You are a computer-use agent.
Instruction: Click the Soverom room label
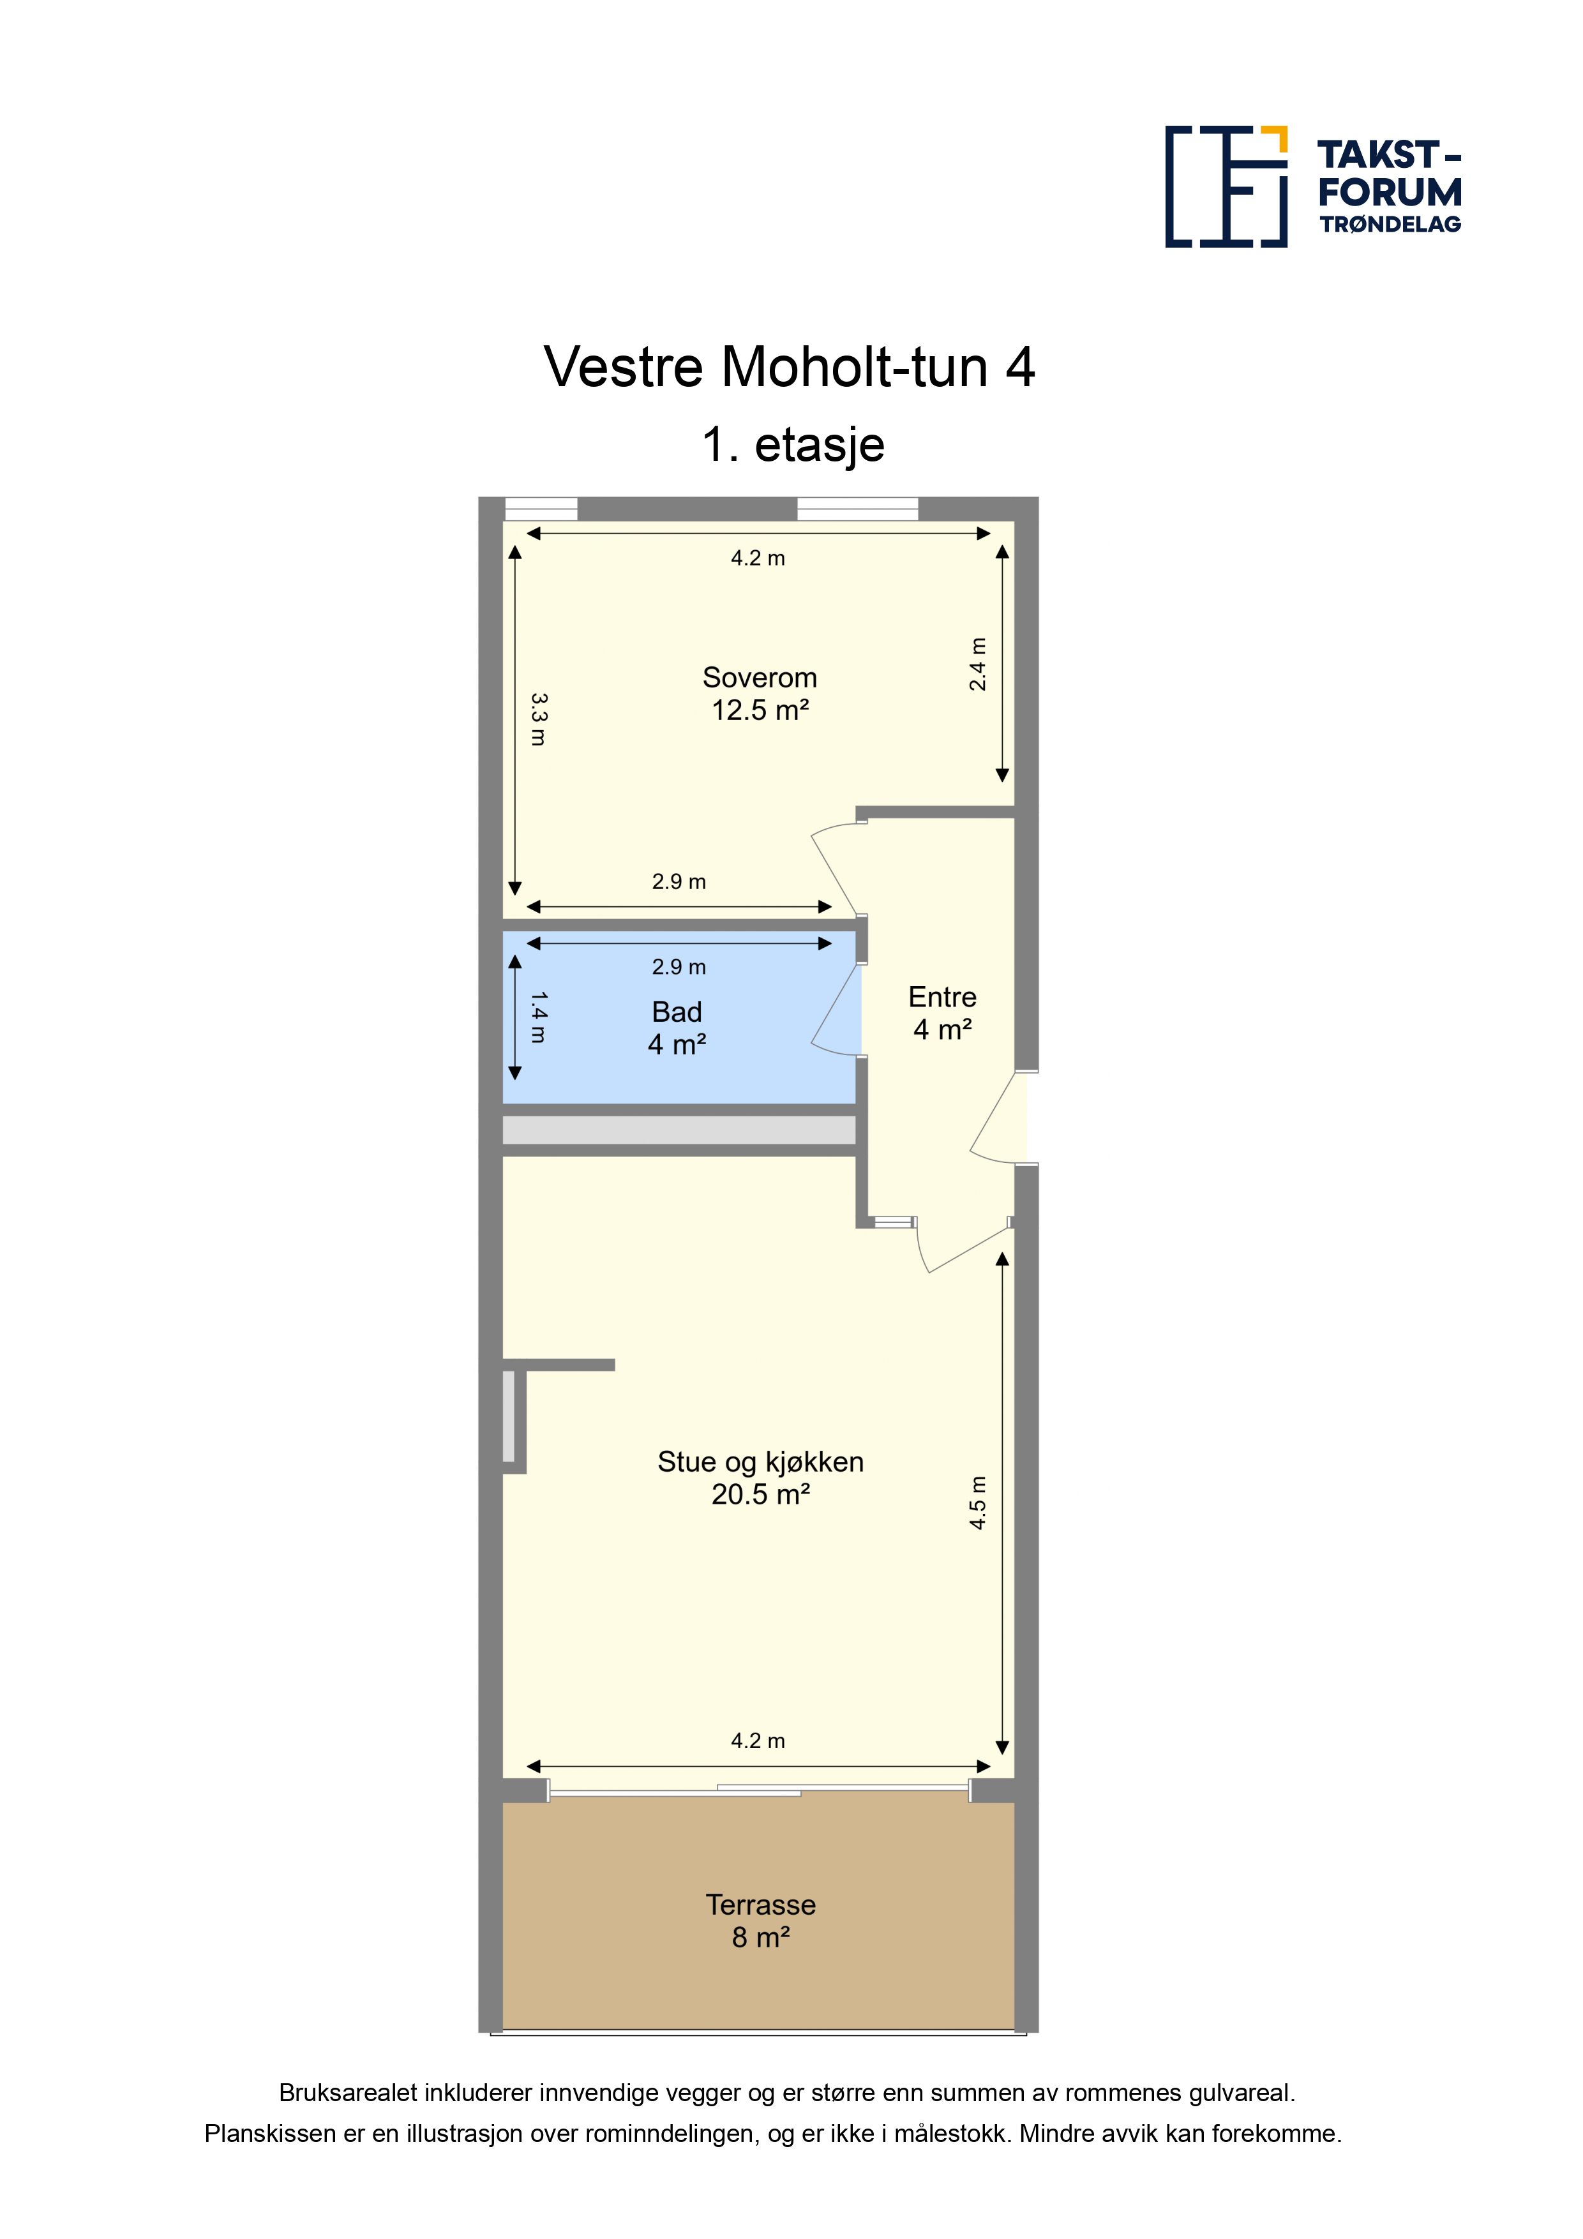pyautogui.click(x=759, y=678)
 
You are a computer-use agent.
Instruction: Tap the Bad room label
pyautogui.click(x=676, y=1012)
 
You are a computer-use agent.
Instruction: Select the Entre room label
pyautogui.click(x=942, y=996)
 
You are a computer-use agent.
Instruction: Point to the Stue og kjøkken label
pyautogui.click(x=760, y=1462)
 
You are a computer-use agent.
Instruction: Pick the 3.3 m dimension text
pyautogui.click(x=538, y=720)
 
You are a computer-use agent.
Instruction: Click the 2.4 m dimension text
pyautogui.click(x=977, y=664)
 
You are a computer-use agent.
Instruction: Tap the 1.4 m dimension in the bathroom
pyautogui.click(x=538, y=1017)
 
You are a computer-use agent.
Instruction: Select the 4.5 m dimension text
pyautogui.click(x=977, y=1502)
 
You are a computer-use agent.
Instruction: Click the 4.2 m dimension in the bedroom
pyautogui.click(x=758, y=558)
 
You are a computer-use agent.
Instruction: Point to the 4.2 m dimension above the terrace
pyautogui.click(x=758, y=1741)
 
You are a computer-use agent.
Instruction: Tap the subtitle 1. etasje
pyautogui.click(x=793, y=445)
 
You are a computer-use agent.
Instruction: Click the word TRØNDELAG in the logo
pyautogui.click(x=1391, y=224)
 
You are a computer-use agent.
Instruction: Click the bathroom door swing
pyautogui.click(x=836, y=1009)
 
